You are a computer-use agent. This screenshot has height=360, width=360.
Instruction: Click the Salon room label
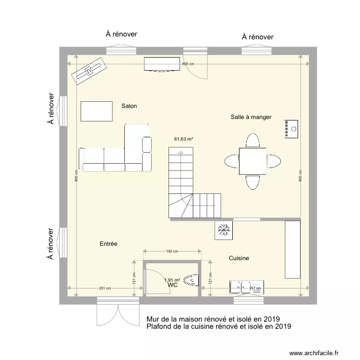click(129, 106)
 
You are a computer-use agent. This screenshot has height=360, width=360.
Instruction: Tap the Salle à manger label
click(251, 117)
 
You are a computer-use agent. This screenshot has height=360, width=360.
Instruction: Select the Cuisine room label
click(239, 258)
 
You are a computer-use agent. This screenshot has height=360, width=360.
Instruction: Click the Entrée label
click(108, 244)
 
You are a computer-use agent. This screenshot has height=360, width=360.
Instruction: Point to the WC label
click(173, 285)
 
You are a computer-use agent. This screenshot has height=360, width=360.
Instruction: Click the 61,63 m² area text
click(183, 139)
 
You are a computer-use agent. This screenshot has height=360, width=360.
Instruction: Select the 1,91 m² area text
click(172, 280)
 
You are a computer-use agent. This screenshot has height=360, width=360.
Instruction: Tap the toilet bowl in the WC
click(192, 279)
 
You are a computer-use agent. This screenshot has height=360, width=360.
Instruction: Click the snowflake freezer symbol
click(223, 229)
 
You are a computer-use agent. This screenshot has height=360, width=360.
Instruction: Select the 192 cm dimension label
click(172, 251)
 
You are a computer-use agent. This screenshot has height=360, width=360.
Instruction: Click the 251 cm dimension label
click(105, 288)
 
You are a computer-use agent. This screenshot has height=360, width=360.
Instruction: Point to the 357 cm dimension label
click(255, 288)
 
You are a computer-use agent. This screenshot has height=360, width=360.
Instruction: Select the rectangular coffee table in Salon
click(97, 111)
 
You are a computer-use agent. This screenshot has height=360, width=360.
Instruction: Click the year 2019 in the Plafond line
click(283, 326)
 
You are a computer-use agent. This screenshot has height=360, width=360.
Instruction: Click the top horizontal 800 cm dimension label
click(188, 64)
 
